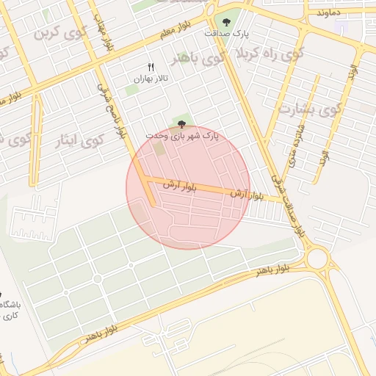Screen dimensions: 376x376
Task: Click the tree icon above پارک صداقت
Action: coord(226,21)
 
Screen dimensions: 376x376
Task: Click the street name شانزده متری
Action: coord(296,142)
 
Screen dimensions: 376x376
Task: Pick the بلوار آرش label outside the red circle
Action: coord(247,195)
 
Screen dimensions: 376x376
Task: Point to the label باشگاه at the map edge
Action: coord(10,304)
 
